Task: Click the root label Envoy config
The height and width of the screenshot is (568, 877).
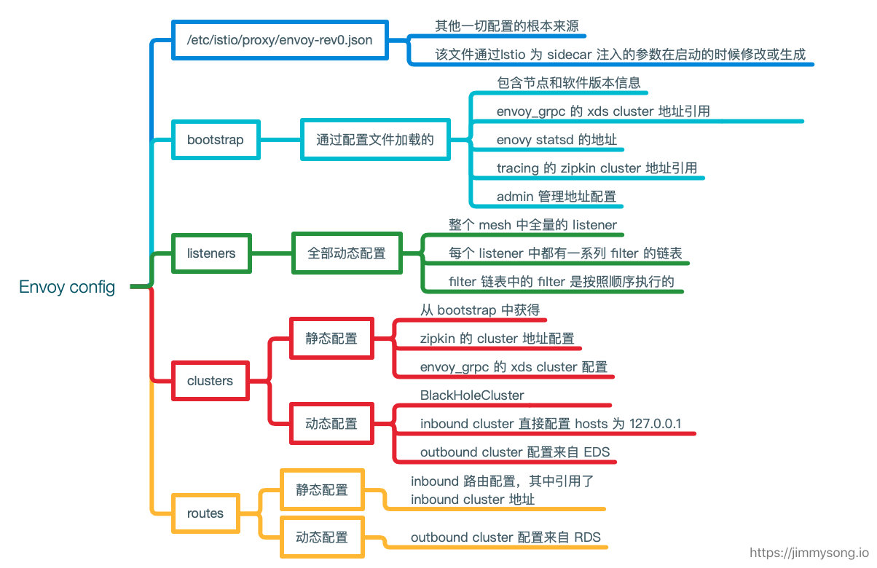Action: point(67,287)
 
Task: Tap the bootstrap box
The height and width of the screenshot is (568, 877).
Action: point(216,139)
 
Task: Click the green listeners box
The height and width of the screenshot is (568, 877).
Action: point(211,253)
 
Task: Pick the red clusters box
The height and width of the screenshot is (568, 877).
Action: point(210,380)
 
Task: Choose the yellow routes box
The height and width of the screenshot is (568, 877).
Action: point(205,513)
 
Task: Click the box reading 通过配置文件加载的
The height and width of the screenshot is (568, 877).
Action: point(375,139)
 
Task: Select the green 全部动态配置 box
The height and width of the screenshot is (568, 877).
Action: point(347,253)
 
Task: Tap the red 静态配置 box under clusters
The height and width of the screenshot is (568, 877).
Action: point(331,338)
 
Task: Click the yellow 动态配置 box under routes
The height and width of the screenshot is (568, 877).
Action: point(322,537)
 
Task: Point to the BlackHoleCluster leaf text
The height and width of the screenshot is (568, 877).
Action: point(472,395)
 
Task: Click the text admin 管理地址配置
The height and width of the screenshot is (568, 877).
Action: point(557,196)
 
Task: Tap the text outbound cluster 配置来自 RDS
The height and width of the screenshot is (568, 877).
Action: point(506,537)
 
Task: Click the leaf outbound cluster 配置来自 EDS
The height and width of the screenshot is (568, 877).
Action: point(514,452)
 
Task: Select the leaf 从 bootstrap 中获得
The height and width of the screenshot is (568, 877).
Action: point(479,310)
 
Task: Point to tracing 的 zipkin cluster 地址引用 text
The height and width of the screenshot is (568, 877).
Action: point(597,167)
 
